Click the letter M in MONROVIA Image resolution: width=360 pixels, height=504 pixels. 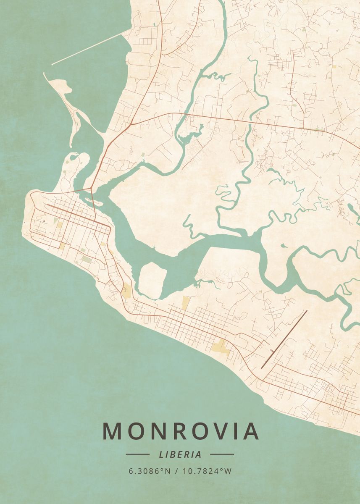click(x=112, y=431)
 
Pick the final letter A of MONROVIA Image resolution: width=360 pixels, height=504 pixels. click(x=250, y=431)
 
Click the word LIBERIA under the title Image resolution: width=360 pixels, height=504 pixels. click(x=180, y=454)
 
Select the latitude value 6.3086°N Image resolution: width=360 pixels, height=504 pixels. click(x=150, y=471)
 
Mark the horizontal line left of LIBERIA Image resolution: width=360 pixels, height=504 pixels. click(x=137, y=454)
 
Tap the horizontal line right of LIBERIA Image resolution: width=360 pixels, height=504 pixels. click(x=222, y=454)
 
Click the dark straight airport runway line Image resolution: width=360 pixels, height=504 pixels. click(x=284, y=339)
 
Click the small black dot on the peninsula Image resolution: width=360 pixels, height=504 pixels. click(x=44, y=220)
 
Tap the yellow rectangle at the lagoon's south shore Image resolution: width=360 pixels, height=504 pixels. click(x=185, y=302)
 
